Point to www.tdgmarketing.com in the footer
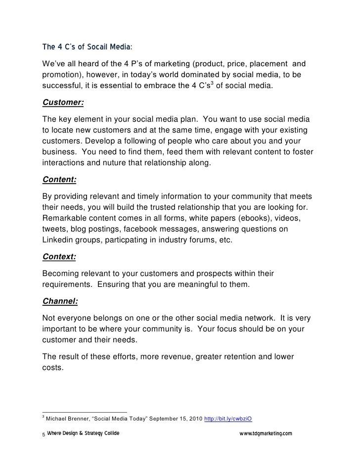tap(266, 433)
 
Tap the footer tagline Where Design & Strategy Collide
tap(83, 433)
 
